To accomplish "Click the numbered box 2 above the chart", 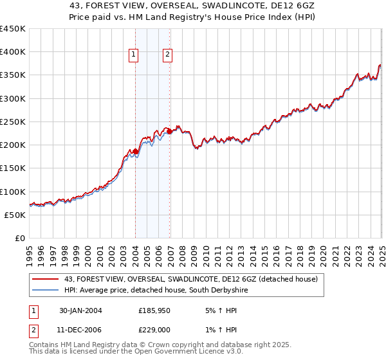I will tap(167, 55).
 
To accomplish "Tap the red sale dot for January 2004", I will tap(136, 152).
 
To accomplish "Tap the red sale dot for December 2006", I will tap(169, 132).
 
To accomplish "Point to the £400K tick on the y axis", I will tap(13, 52).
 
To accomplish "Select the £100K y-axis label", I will tap(13, 192).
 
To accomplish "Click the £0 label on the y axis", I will tap(19, 238).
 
